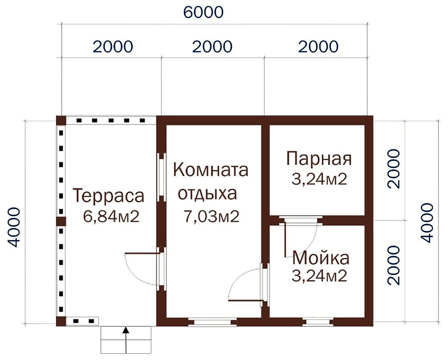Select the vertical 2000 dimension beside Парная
click(395, 169)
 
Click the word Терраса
click(109, 196)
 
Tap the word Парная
click(319, 158)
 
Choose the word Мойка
click(320, 258)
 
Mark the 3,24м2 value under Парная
click(319, 179)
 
